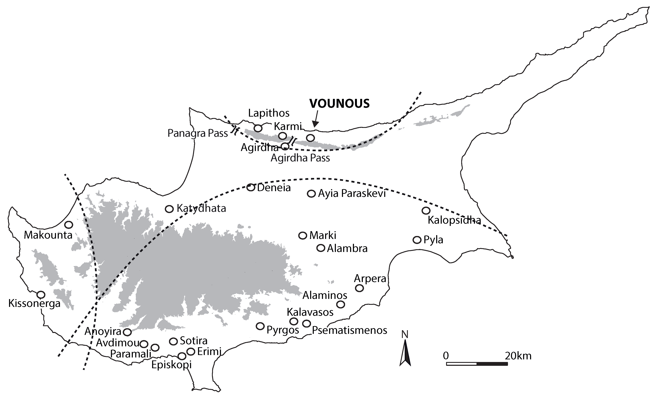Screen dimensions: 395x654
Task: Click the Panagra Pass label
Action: (x=198, y=133)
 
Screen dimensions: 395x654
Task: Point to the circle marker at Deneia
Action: (x=251, y=188)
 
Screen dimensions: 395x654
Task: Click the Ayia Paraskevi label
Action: (x=352, y=193)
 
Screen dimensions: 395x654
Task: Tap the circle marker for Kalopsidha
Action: (x=426, y=211)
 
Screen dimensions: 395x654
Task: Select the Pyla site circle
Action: (x=417, y=240)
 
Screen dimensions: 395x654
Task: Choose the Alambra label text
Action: (x=347, y=249)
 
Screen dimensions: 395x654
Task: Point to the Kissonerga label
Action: (x=34, y=303)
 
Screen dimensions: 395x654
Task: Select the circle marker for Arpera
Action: (x=359, y=288)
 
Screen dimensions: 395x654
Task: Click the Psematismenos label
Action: (x=349, y=330)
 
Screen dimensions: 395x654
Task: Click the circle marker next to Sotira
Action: (x=173, y=341)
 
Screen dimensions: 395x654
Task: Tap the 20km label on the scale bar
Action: (x=518, y=356)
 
